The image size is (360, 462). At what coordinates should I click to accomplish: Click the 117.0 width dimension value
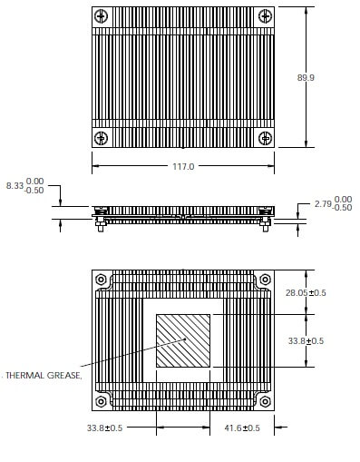184,167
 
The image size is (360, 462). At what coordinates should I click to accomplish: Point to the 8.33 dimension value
15,186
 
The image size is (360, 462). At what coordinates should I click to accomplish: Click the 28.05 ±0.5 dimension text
306,293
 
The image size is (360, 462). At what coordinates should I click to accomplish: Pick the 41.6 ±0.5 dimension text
241,428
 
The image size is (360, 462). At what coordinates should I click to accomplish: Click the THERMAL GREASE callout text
44,375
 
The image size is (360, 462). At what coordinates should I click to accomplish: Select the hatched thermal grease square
183,341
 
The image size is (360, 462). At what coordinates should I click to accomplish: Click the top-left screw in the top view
102,17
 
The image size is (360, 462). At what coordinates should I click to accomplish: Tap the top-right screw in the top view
265,17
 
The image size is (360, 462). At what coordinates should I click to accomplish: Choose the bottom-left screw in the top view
102,138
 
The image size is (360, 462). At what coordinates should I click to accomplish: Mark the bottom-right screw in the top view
265,138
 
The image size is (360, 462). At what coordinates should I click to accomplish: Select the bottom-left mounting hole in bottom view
102,400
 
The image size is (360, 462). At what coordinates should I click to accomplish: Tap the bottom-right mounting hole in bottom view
265,400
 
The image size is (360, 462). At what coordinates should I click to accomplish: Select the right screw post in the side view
267,225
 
